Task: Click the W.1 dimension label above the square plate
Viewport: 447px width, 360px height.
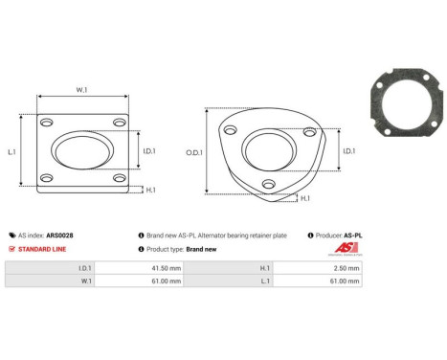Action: [81, 90]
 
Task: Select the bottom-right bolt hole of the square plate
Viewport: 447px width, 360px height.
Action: [118, 179]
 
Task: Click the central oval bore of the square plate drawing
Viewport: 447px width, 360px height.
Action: [82, 151]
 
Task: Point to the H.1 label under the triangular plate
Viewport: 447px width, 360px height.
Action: [304, 198]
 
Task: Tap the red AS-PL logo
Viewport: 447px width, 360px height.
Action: [346, 249]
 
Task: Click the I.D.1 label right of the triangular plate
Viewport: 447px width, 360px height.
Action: [348, 150]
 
